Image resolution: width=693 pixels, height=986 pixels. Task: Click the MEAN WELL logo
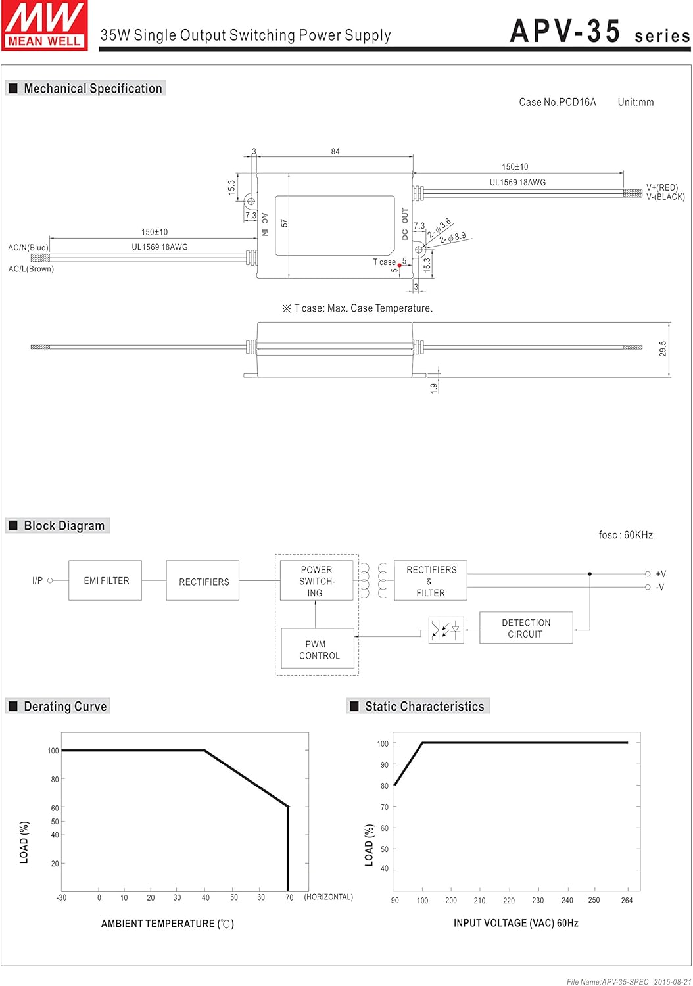point(44,26)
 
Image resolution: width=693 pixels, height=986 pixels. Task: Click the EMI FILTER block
point(105,580)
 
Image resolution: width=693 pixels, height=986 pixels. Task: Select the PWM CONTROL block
point(318,649)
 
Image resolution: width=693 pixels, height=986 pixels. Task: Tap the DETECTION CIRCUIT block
point(526,628)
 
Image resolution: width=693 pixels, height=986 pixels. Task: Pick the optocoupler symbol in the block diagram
point(446,630)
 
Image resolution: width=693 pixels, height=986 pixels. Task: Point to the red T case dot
point(399,266)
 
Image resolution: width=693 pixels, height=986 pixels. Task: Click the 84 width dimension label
point(335,151)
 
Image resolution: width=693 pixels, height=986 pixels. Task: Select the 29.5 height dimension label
point(663,349)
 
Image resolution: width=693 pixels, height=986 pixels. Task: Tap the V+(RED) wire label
point(661,187)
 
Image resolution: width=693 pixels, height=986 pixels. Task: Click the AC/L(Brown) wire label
point(31,269)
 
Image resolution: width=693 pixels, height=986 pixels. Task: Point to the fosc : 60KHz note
point(625,535)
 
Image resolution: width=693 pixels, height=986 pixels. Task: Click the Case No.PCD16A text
point(557,102)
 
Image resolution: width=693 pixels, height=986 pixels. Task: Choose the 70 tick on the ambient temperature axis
point(289,897)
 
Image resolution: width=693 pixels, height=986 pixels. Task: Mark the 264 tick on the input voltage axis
point(627,900)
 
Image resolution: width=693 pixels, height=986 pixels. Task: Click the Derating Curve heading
point(65,707)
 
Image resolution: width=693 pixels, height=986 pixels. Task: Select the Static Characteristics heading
point(424,707)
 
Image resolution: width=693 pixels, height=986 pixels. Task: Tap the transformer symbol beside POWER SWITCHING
point(373,580)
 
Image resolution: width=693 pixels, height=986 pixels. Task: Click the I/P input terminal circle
point(50,580)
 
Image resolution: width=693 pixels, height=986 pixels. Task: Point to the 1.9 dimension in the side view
point(434,388)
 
